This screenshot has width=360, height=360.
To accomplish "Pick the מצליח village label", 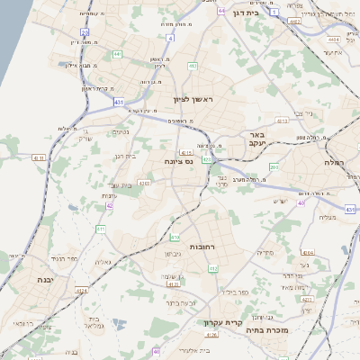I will tap(327, 217).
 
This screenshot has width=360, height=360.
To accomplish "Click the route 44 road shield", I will tap(221, 11).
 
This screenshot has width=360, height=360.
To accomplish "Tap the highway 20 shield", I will tap(85, 31).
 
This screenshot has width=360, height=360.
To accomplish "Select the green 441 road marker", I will tap(117, 54).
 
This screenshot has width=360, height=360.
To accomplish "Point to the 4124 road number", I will tap(81, 291).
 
